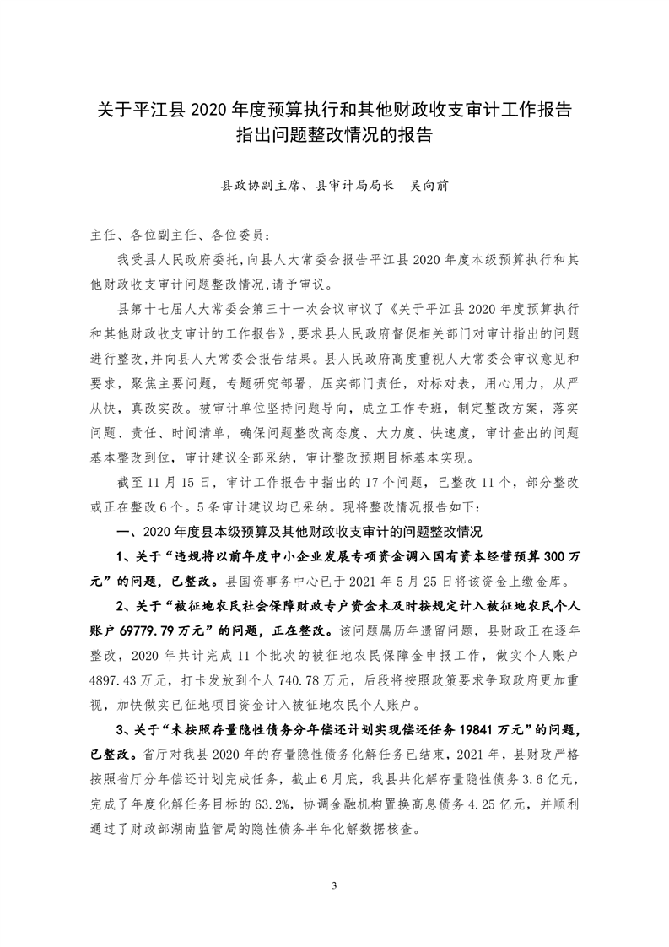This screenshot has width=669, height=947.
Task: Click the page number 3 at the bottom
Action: coord(335,885)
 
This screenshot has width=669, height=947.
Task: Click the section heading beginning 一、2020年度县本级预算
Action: coord(301,533)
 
